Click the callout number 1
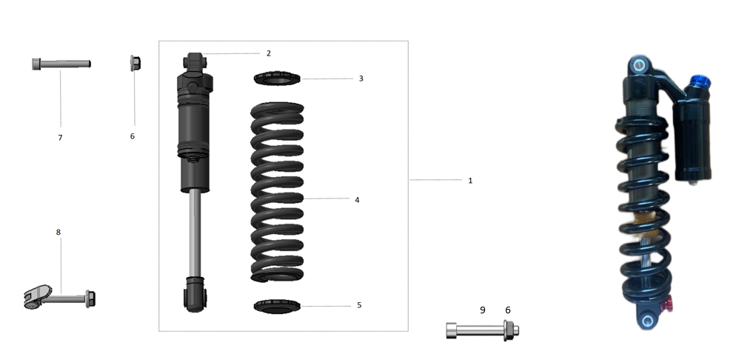tap(470, 181)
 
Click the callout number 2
tap(268, 53)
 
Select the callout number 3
tap(361, 79)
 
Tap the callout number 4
tap(357, 200)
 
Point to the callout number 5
tap(360, 305)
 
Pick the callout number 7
tap(60, 138)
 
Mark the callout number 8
tap(58, 232)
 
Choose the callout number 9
tap(482, 310)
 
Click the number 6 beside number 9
tap(507, 310)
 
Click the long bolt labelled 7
tap(61, 64)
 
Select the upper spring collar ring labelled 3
tap(277, 78)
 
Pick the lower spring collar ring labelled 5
tap(277, 304)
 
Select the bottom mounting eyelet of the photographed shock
tap(649, 321)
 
